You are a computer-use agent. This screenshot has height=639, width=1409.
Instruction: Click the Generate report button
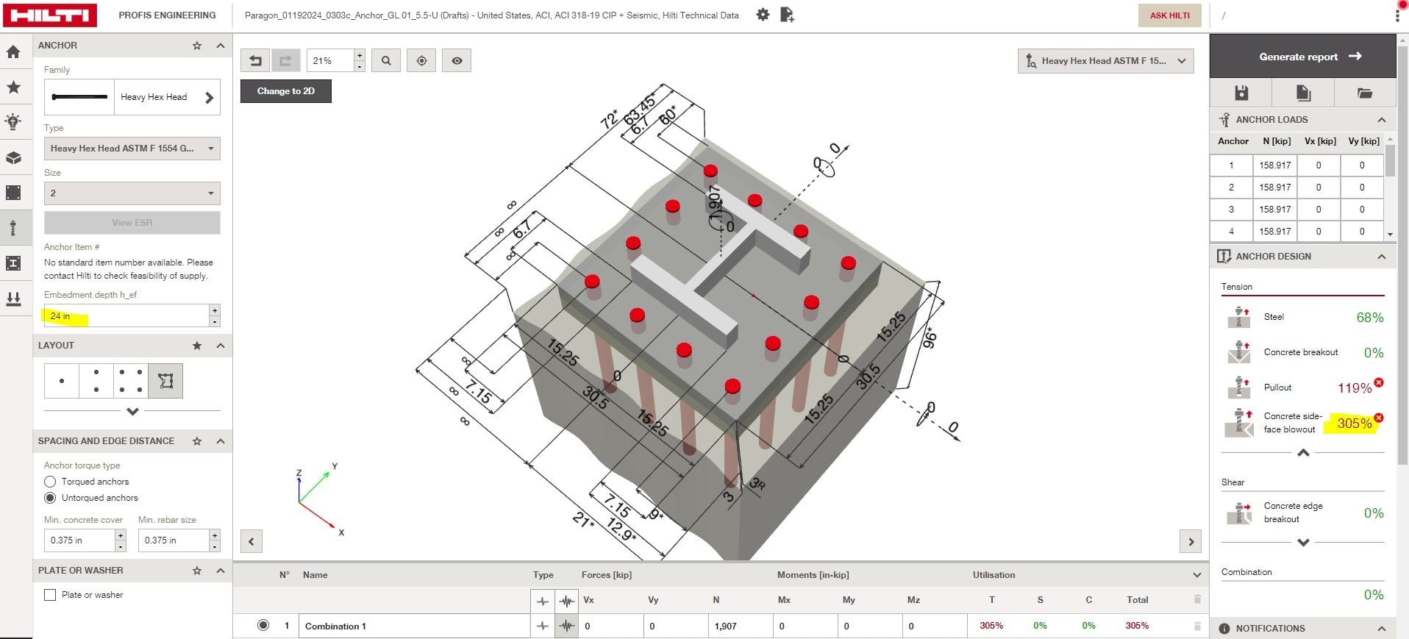tap(1302, 57)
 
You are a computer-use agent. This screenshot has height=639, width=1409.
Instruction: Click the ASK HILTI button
tap(1169, 15)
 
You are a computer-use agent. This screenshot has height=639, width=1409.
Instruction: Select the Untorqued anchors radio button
tap(50, 498)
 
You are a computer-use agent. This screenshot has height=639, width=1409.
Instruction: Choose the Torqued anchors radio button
tap(50, 482)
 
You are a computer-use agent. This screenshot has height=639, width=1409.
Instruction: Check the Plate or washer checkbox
tap(50, 595)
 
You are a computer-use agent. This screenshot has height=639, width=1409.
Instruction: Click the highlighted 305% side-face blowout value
tap(1354, 424)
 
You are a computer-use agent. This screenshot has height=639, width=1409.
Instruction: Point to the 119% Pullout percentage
tap(1354, 388)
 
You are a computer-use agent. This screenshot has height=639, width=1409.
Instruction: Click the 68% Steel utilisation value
tap(1369, 318)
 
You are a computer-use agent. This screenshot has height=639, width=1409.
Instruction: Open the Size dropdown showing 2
tap(132, 193)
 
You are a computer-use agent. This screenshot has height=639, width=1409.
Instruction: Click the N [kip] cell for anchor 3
tap(1274, 210)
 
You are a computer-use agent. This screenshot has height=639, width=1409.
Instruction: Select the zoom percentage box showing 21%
tap(329, 61)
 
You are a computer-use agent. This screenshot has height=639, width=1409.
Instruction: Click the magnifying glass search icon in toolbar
tap(386, 61)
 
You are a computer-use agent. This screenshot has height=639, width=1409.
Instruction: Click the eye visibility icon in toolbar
tap(457, 61)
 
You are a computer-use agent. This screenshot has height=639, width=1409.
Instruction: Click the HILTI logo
tap(49, 15)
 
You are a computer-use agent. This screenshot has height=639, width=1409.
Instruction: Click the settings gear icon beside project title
tap(763, 15)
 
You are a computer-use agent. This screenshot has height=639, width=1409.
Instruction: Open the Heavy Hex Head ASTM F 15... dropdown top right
tap(1105, 61)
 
